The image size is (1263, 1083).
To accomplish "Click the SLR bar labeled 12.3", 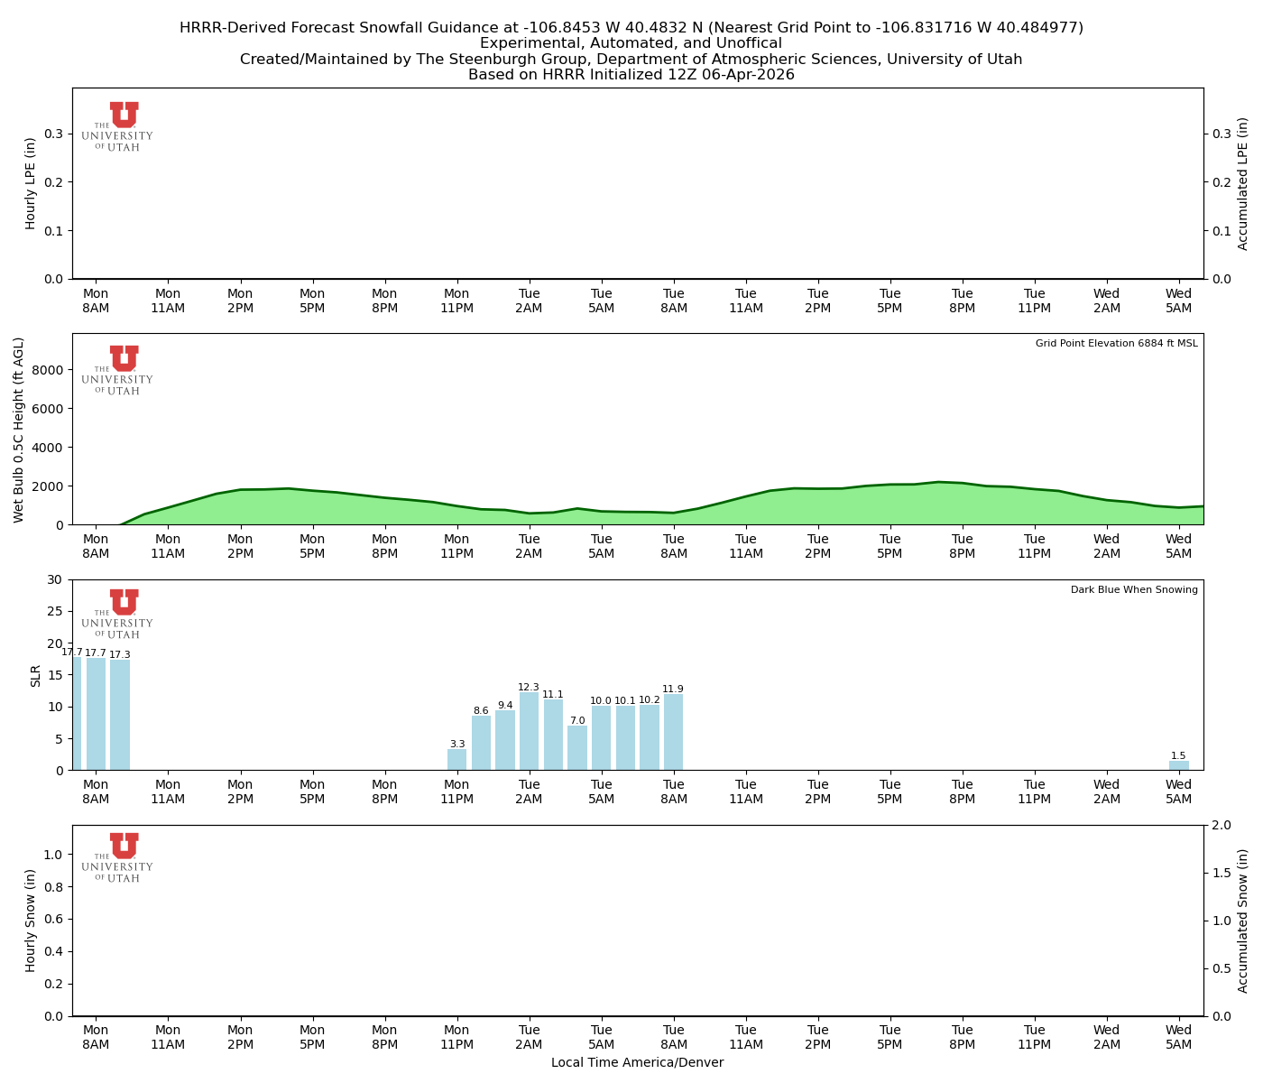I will coord(530,731).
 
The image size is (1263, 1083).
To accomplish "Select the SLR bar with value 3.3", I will coord(457,760).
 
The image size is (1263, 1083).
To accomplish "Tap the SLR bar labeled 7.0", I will coord(577,748).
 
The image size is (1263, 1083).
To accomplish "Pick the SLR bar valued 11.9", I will coord(674,732).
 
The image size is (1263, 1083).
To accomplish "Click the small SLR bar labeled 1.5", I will coord(1179,765).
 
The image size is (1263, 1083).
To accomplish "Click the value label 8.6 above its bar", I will coord(481,711).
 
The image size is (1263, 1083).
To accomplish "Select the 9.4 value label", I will coord(505,706).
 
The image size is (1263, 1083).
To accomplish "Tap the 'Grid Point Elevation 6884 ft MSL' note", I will coord(1117,344).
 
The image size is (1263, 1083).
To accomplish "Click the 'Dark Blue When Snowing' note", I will coord(1134,590).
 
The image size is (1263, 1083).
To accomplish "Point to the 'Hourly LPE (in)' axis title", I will coord(31,183).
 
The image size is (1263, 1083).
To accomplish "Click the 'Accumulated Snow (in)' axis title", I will coord(1243,921).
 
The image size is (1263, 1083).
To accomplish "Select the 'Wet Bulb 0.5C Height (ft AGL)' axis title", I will coord(19,430).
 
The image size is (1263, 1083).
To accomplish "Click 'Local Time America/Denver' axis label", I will coord(637,1063).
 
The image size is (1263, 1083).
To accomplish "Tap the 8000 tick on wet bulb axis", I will coord(51,370).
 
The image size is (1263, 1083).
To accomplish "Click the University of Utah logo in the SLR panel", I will coord(118,614).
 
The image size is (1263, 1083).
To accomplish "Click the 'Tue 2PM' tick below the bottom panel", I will coord(818,1037).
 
